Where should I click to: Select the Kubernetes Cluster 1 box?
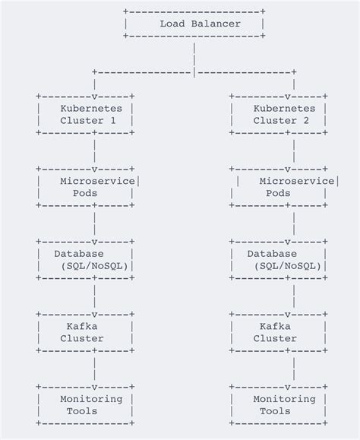tap(87, 114)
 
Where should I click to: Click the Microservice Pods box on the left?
tap(87, 187)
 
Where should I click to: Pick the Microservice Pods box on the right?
tap(283, 187)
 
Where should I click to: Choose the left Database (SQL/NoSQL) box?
tap(87, 259)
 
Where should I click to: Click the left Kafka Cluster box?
tap(87, 332)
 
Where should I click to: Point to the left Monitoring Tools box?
tap(87, 405)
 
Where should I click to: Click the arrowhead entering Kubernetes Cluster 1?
tap(93, 97)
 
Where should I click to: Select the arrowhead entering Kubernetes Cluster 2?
tap(294, 97)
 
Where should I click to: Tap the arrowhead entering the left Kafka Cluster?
tap(93, 315)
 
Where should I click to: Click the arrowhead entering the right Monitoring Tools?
tap(294, 388)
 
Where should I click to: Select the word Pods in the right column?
tap(278, 194)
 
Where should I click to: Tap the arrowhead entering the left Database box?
tap(93, 242)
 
